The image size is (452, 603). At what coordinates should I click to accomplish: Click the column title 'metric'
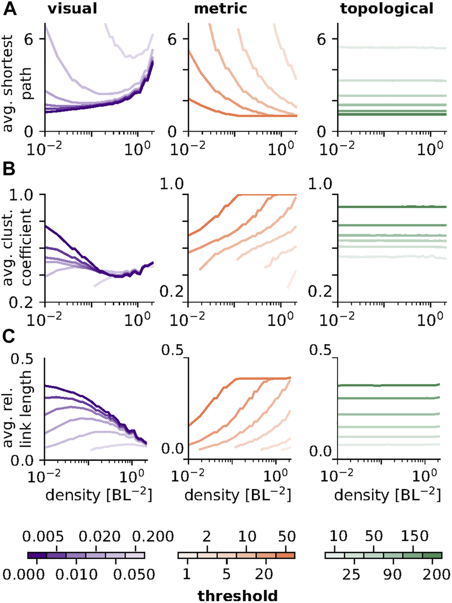221,8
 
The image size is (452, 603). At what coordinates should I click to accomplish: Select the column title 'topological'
387,8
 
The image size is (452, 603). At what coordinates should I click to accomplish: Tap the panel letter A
10,9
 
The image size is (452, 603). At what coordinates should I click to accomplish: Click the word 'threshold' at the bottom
237,595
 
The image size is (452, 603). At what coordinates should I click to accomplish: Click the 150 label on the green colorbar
412,536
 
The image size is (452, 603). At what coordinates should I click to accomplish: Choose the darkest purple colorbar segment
37,556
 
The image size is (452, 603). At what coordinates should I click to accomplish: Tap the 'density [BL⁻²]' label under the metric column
237,496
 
